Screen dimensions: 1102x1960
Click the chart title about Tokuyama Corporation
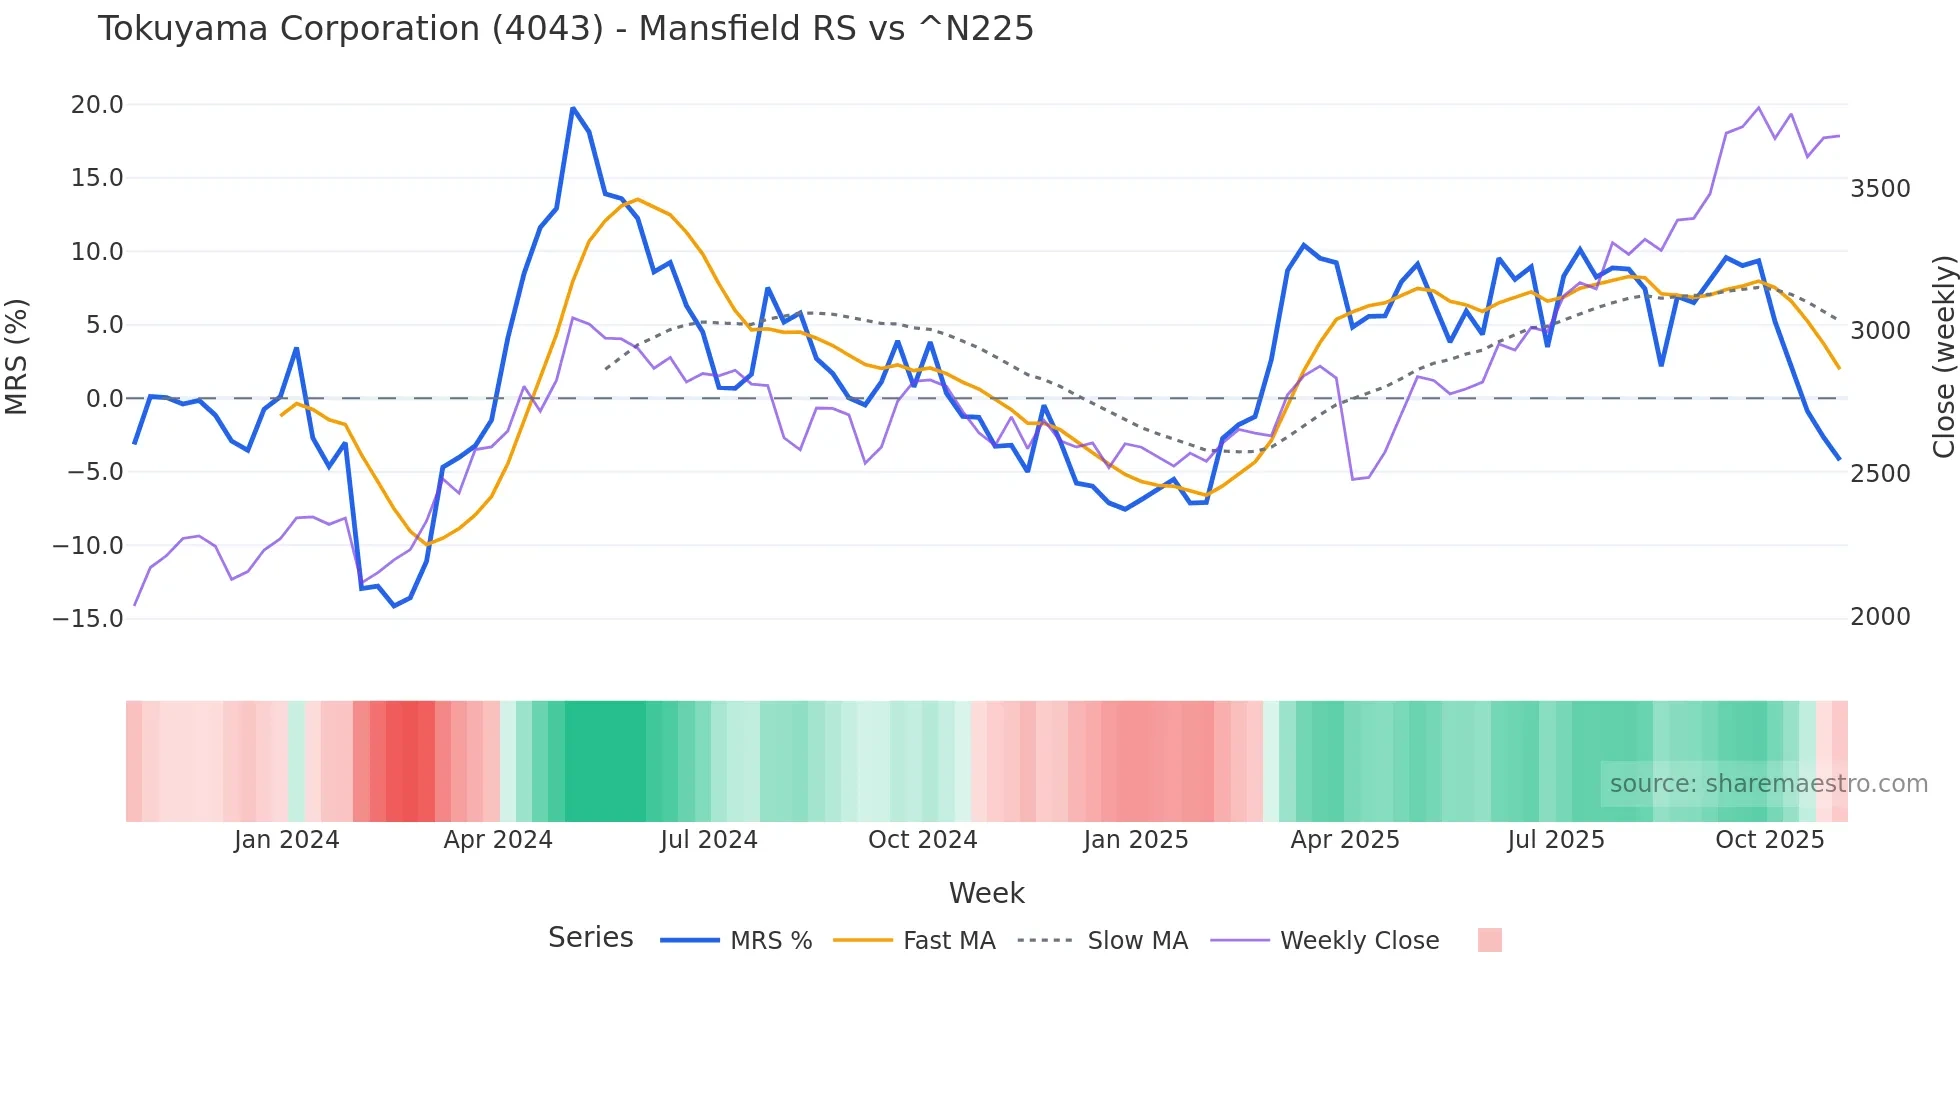(565, 29)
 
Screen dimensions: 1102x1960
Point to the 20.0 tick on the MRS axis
(97, 105)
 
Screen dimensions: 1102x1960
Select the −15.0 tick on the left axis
(88, 618)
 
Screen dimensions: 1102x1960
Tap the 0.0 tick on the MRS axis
(104, 398)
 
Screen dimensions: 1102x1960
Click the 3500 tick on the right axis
(1880, 188)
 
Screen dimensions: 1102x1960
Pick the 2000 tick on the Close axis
(1880, 616)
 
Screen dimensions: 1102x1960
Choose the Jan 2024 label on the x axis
(287, 840)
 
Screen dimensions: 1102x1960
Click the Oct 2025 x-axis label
(1769, 840)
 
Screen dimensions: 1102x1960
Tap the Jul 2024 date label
(708, 840)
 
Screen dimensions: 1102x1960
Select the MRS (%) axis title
(17, 356)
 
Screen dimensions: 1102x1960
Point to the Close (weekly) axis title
(1943, 356)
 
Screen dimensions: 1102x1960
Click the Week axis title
(986, 893)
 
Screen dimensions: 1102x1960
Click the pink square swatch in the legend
(1489, 940)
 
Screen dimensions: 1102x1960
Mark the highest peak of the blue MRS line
(573, 108)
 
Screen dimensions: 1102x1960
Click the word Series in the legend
(590, 938)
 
